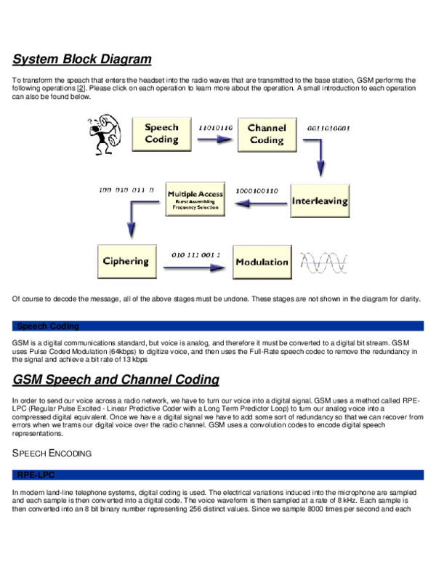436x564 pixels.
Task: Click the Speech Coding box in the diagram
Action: (161, 134)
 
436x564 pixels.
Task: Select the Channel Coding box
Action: (267, 134)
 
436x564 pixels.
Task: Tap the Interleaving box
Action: (320, 201)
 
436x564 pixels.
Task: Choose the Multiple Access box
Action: (195, 199)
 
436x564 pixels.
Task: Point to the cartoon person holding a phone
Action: (104, 134)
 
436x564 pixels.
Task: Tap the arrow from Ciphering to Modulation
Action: (193, 269)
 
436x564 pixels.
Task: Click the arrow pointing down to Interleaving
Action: (318, 156)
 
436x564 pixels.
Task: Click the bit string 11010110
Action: (215, 126)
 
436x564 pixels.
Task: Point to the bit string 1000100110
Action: (257, 191)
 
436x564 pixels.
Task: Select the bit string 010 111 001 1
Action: (196, 255)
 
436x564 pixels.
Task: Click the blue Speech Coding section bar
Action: (218, 326)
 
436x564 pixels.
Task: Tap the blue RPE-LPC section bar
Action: (218, 475)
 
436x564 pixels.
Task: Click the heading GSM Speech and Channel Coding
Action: (116, 379)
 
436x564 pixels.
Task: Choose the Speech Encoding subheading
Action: (52, 454)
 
